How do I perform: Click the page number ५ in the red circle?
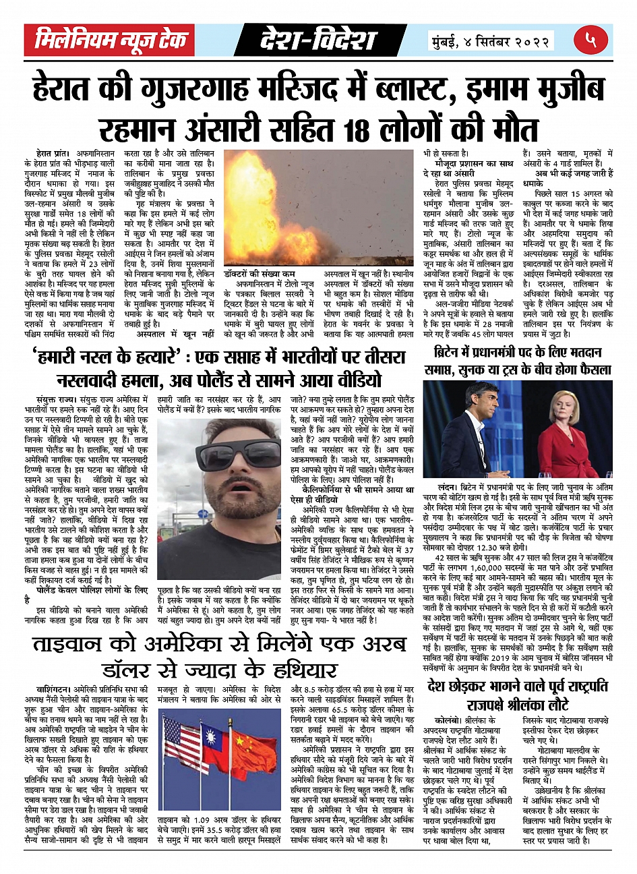pyautogui.click(x=592, y=40)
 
